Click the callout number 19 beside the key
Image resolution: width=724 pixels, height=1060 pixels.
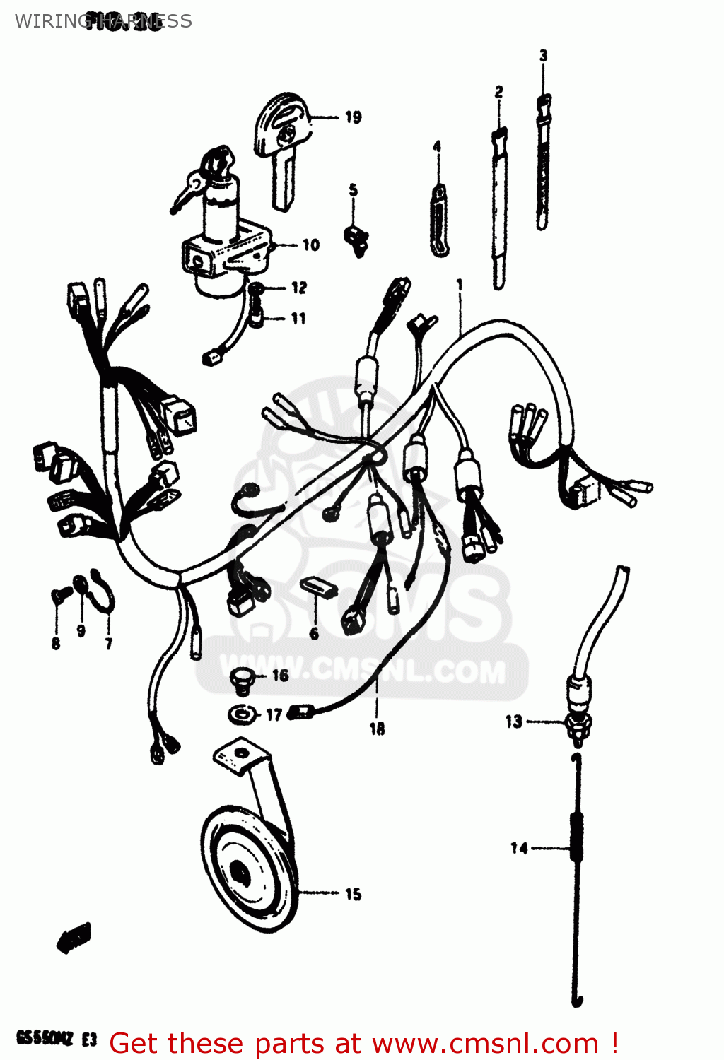pos(353,117)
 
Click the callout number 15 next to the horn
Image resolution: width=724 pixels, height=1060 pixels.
pos(353,895)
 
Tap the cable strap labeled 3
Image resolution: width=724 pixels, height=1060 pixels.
pos(542,163)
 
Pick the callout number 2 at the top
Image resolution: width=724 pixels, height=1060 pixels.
pos(499,92)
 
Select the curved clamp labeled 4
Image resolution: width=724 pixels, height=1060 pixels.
pos(439,219)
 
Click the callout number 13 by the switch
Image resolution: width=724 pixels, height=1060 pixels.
pos(513,722)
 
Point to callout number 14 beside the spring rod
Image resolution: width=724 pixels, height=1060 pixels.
pos(519,847)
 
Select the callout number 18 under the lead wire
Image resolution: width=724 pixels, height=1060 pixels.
pos(377,729)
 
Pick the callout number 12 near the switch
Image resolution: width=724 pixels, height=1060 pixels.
pos(299,288)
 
